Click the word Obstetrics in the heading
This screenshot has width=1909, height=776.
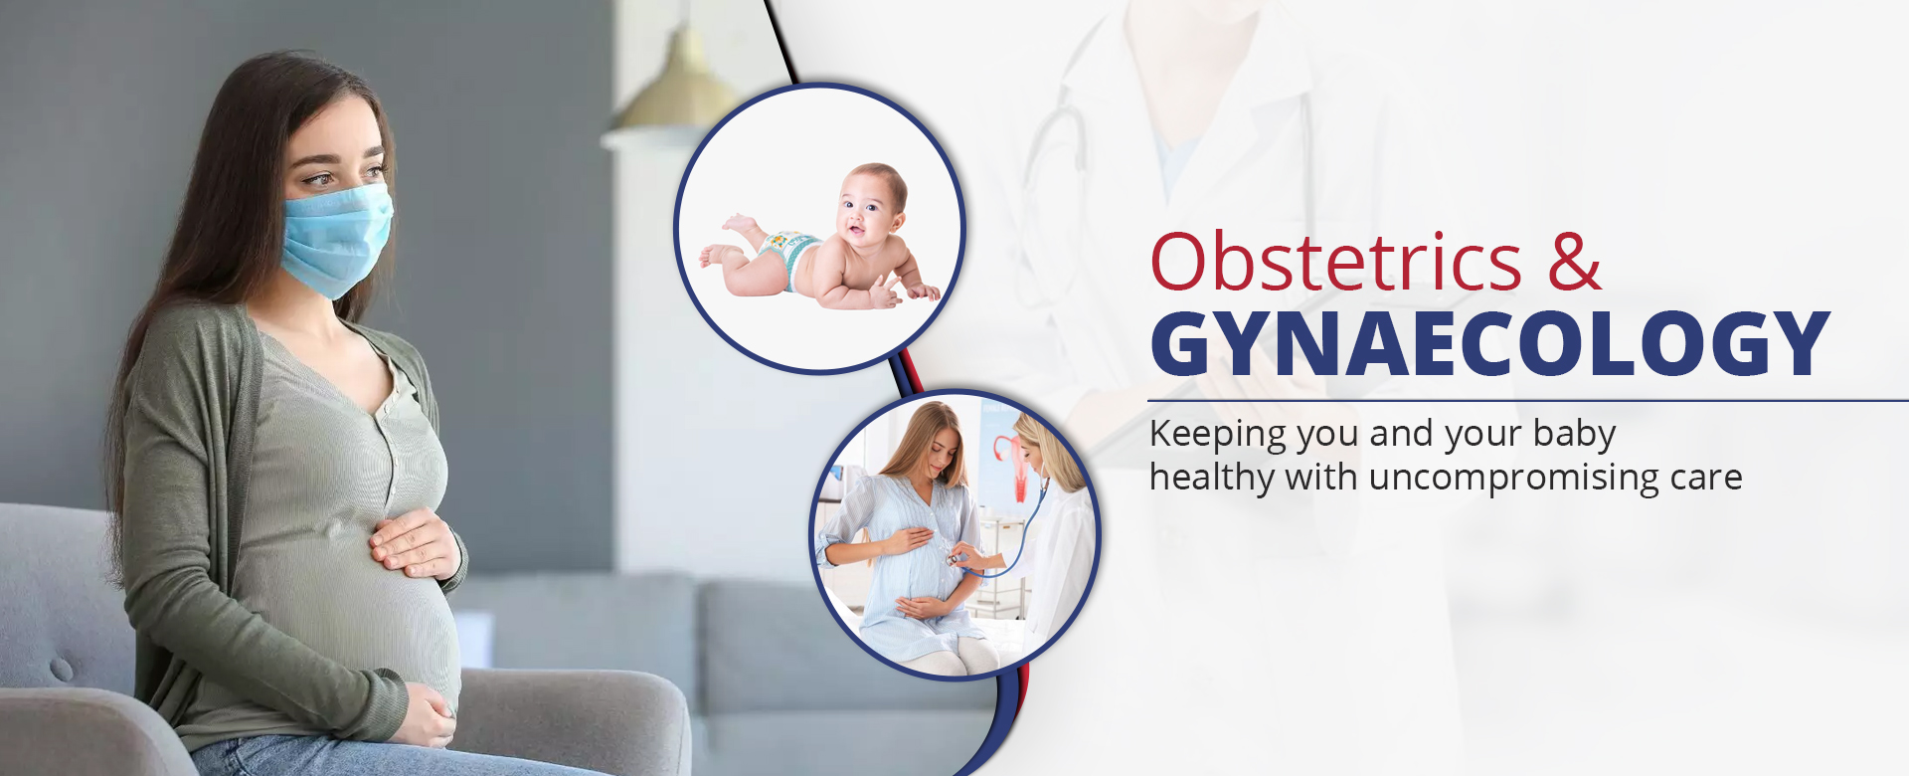(1335, 261)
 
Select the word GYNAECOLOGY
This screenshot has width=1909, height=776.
(1489, 344)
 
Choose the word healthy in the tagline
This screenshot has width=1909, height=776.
(1212, 479)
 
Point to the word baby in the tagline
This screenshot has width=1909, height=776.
(1574, 436)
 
